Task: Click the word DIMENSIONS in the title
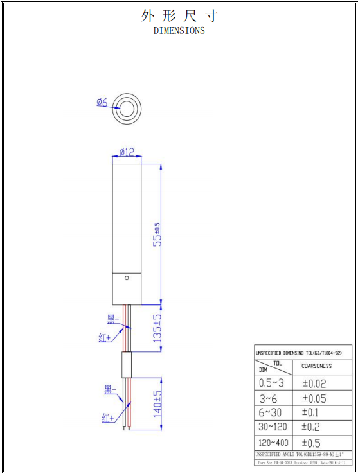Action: [179, 30]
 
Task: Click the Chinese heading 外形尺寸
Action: [179, 15]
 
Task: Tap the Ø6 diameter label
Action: [102, 102]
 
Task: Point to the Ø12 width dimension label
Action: [127, 152]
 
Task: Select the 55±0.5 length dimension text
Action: [156, 234]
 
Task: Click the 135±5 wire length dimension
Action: [156, 328]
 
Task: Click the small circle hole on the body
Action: [127, 278]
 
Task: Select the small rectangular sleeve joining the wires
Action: [127, 364]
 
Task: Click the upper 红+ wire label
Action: [105, 337]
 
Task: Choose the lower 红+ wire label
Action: [109, 418]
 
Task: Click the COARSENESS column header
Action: [317, 366]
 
